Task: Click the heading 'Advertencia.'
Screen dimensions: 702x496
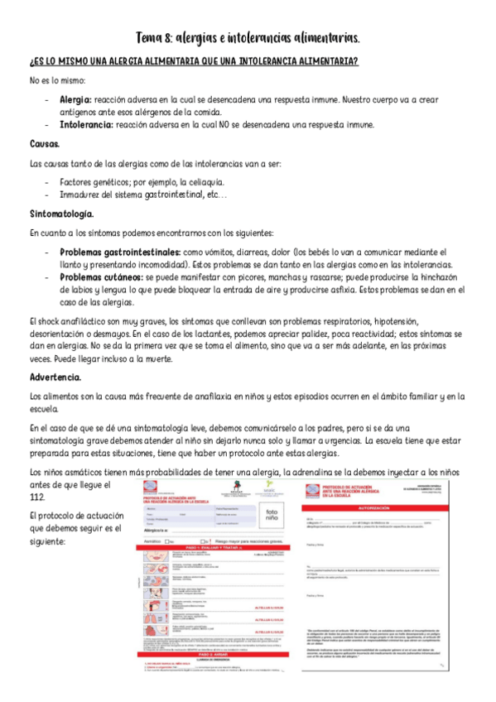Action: click(x=55, y=377)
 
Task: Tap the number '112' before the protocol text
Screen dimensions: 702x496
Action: click(x=37, y=497)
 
